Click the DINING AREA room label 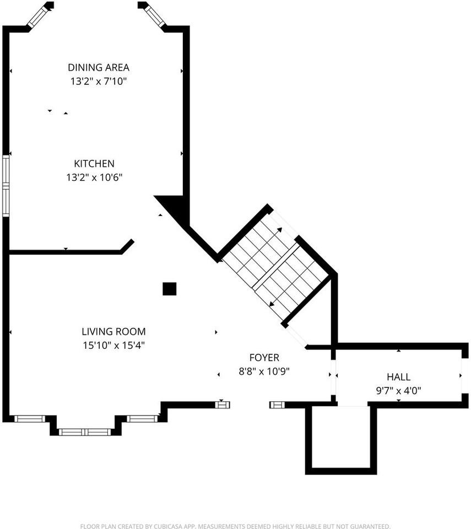pos(99,67)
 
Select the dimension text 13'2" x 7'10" pos(99,81)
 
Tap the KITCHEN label pos(94,164)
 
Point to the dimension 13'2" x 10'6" pos(94,177)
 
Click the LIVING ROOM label pos(113,332)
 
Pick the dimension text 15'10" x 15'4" pos(113,346)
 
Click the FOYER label pos(264,358)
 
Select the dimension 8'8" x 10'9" pos(264,371)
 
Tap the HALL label pos(398,377)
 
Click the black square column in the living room pos(170,289)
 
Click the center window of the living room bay pos(85,431)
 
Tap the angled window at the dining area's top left pos(39,17)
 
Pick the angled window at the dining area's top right pos(154,16)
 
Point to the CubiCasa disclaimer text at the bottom pos(235,526)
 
